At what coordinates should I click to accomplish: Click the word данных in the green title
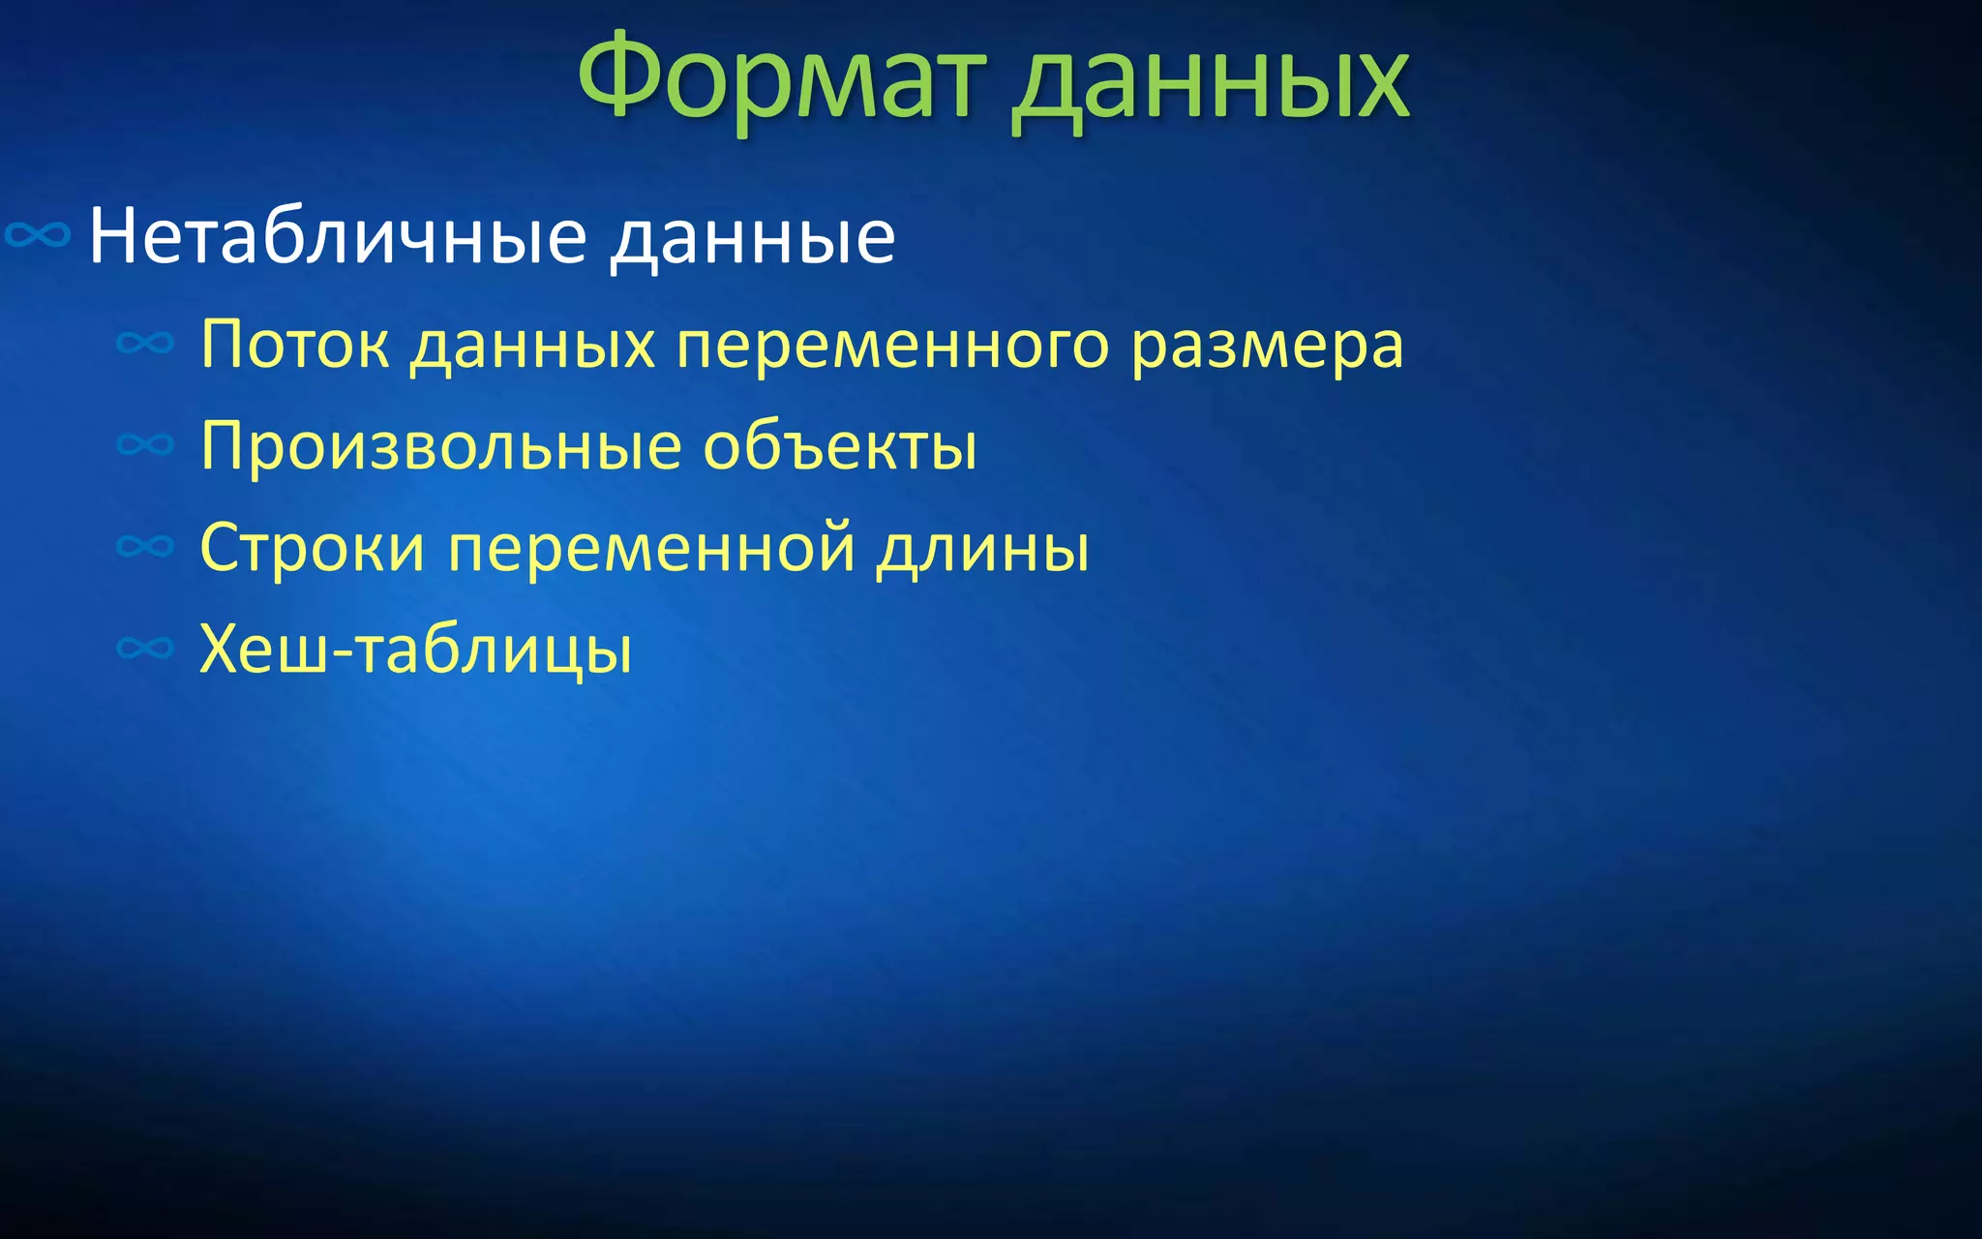click(1210, 82)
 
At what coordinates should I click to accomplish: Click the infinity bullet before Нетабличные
click(38, 235)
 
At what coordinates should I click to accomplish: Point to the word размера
click(1267, 347)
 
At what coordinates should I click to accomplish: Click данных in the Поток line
click(532, 347)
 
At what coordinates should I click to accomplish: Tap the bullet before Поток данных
click(145, 343)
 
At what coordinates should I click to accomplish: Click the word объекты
click(840, 446)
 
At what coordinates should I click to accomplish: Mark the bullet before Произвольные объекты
click(145, 445)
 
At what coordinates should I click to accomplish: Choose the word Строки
click(312, 548)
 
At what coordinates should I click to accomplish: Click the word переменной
click(651, 550)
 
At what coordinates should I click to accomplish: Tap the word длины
click(983, 550)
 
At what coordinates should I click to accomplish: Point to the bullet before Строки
click(145, 547)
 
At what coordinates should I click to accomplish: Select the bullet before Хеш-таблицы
click(145, 648)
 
